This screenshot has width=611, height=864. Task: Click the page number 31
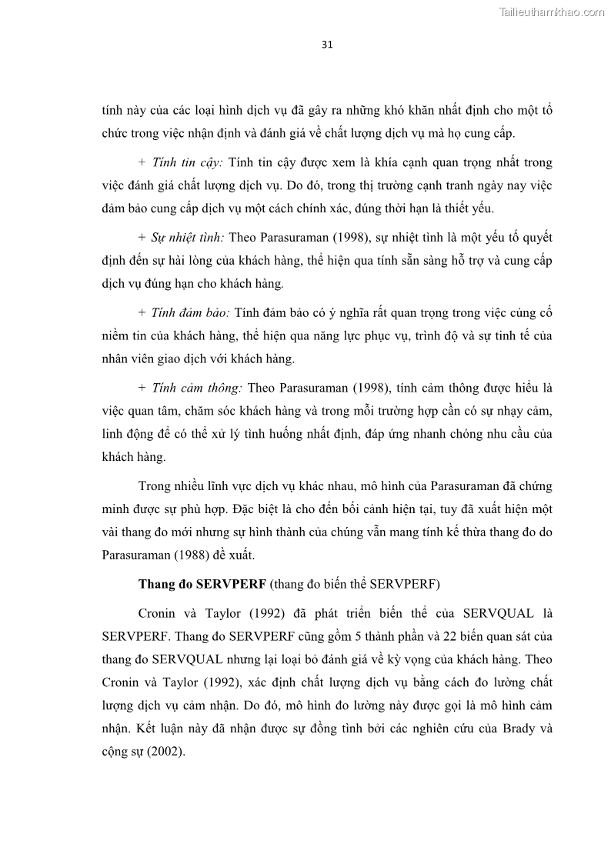327,44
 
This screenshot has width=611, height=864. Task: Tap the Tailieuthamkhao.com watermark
552,12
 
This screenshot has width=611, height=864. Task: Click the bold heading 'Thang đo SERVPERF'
202,583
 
